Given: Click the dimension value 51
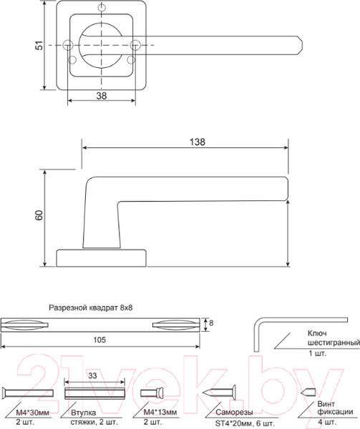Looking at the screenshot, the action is pos(40,45).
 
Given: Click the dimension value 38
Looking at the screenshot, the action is pos(102,96).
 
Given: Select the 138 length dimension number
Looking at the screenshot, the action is pos(198,142).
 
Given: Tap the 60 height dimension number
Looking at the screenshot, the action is pos(39,215).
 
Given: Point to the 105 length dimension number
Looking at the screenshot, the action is pos(99,340).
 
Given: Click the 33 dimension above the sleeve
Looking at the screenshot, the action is pos(92,375).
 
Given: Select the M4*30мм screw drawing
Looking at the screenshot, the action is pos(28,393).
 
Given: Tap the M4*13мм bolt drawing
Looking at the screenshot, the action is pos(152,393).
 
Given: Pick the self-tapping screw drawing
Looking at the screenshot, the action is pos(219,393).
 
